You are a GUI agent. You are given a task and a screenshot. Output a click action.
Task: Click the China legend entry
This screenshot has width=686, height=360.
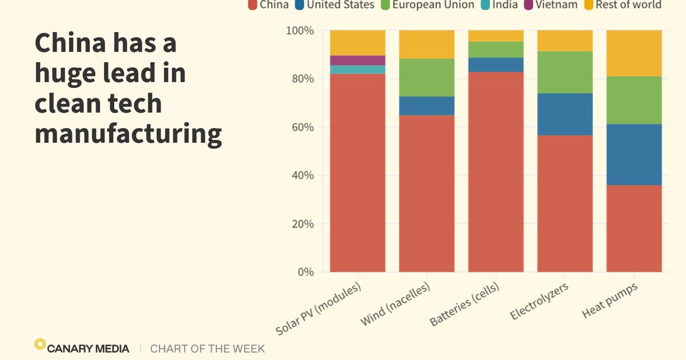pos(269,5)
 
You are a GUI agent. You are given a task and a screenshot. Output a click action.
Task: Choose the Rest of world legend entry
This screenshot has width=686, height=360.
pos(623,5)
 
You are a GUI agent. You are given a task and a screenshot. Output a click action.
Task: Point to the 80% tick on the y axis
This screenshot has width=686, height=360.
pos(300,78)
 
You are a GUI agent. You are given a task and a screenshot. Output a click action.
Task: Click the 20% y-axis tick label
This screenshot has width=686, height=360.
pos(300,223)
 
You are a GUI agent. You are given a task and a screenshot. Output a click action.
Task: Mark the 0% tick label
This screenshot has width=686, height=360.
pos(302,272)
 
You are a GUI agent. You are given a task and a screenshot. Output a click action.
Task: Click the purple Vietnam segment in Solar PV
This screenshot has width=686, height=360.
pos(357,61)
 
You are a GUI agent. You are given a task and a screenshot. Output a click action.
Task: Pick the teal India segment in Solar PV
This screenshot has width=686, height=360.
pos(357,70)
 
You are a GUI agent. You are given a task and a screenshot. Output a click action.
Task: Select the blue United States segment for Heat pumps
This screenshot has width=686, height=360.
pos(634,154)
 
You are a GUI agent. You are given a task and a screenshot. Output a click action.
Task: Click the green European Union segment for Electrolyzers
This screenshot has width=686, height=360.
pos(565,73)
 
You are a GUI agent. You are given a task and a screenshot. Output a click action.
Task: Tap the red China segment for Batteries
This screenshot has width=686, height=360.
pos(496,171)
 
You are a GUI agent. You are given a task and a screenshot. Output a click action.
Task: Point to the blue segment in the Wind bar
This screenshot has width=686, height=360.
pos(426,106)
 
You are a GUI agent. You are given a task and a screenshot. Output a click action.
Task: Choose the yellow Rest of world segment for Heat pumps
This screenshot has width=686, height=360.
pos(634,53)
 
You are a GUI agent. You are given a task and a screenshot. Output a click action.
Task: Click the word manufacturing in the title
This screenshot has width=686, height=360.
pos(128,133)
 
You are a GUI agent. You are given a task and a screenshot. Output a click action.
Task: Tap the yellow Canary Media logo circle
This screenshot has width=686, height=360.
pos(39,344)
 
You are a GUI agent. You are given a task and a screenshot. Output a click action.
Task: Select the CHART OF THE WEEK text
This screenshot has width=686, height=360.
pos(207,348)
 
